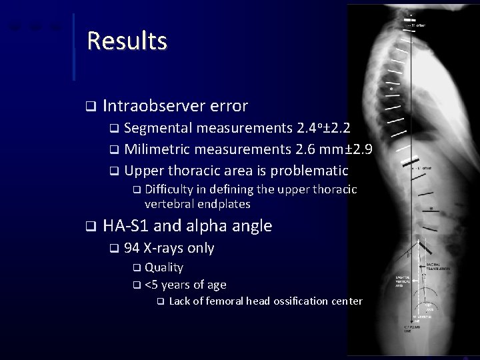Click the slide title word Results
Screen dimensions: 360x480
click(127, 41)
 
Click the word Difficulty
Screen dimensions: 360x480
click(171, 190)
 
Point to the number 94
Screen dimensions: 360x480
click(131, 249)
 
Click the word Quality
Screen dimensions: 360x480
click(163, 267)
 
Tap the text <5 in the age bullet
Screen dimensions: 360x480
click(152, 285)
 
